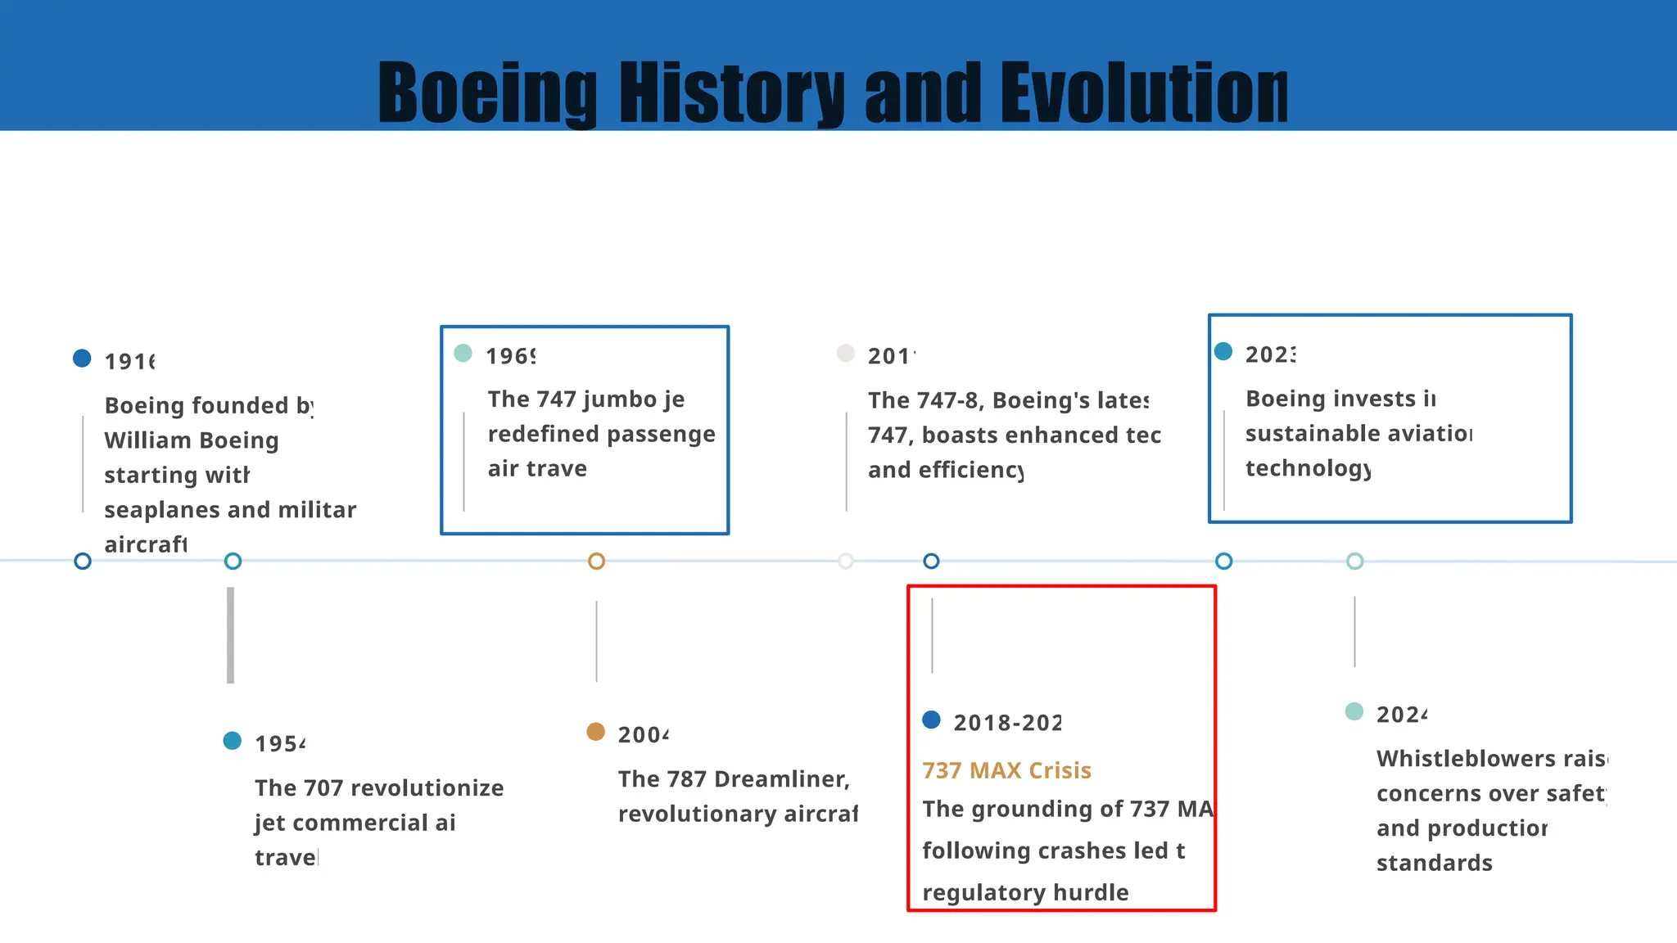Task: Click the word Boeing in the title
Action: pyautogui.click(x=488, y=92)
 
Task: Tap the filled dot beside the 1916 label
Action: pyautogui.click(x=82, y=359)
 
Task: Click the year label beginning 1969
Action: pyautogui.click(x=511, y=356)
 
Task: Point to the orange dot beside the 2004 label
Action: pyautogui.click(x=596, y=732)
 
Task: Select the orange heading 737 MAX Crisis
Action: pyautogui.click(x=1006, y=770)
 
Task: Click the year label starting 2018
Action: pyautogui.click(x=1007, y=723)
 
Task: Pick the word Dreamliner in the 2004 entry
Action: pyautogui.click(x=781, y=779)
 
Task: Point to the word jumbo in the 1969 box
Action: pyautogui.click(x=622, y=399)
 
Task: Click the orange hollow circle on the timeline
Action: pyautogui.click(x=596, y=562)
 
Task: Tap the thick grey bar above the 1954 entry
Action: pyautogui.click(x=231, y=634)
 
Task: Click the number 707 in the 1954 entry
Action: pyautogui.click(x=323, y=788)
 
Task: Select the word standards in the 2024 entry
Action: pyautogui.click(x=1434, y=863)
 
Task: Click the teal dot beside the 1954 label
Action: pyautogui.click(x=233, y=741)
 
